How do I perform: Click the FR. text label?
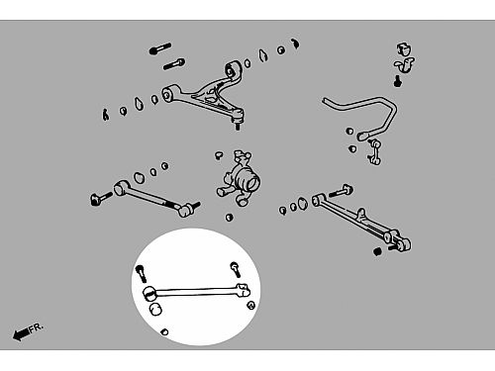click(36, 327)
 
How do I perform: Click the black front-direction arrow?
click(21, 334)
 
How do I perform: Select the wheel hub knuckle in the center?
click(239, 179)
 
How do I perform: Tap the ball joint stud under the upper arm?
click(238, 126)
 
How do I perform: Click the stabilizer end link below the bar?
click(374, 151)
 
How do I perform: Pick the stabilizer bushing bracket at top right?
click(405, 57)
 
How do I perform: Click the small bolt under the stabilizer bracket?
click(398, 81)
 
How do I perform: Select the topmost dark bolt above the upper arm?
click(160, 48)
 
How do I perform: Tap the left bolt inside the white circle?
click(142, 273)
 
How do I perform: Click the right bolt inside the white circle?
click(236, 269)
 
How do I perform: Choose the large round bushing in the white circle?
click(155, 309)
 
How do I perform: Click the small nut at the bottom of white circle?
click(164, 331)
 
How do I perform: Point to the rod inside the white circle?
click(196, 292)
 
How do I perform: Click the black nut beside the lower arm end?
click(378, 251)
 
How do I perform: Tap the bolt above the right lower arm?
click(341, 191)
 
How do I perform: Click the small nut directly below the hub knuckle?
click(230, 218)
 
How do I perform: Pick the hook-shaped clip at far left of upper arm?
click(105, 115)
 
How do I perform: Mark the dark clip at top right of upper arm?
click(295, 44)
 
